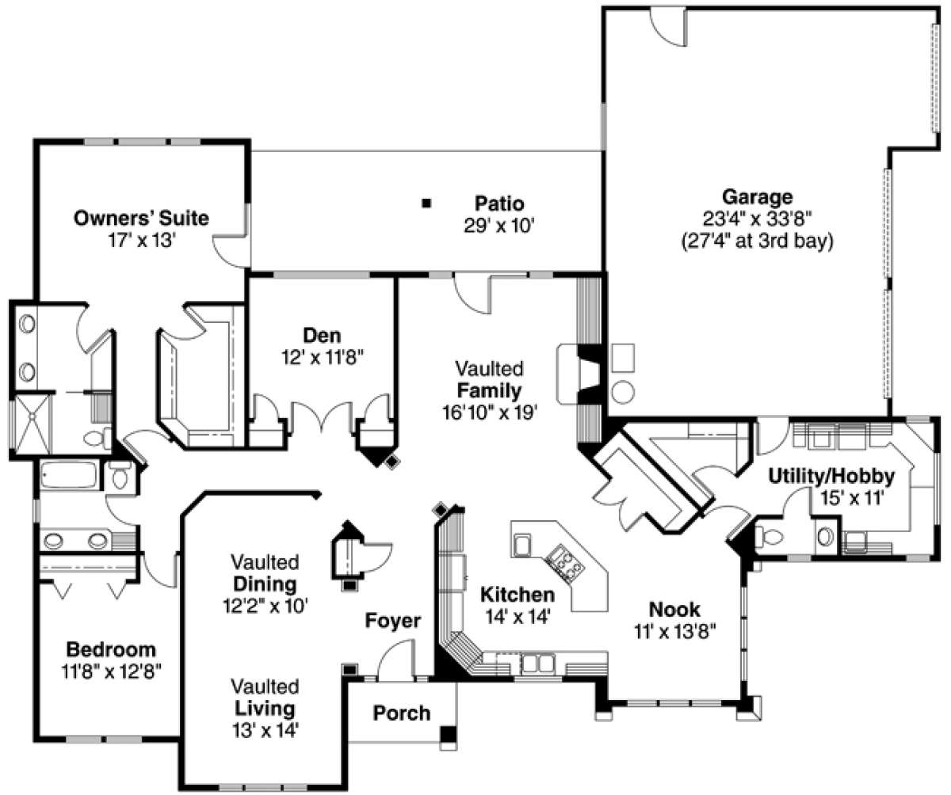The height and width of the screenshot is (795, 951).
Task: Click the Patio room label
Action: (499, 204)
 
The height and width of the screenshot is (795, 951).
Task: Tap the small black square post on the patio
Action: (426, 204)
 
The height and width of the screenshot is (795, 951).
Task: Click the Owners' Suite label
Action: (141, 218)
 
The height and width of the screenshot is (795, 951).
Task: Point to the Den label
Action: (322, 336)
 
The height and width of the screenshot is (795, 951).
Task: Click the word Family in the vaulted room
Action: (489, 390)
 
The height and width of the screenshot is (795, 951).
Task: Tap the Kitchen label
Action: (518, 595)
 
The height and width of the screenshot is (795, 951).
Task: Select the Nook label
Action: (674, 609)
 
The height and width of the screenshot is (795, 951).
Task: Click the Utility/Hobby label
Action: (831, 477)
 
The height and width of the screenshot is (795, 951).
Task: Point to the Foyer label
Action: (393, 621)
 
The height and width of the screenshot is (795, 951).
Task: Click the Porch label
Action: (402, 713)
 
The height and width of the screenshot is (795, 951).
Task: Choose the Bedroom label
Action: (111, 649)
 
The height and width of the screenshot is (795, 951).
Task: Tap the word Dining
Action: (265, 584)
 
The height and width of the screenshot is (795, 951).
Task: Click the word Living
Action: (265, 709)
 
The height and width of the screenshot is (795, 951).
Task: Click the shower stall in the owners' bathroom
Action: (32, 424)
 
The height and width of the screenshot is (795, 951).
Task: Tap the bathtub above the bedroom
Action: (69, 474)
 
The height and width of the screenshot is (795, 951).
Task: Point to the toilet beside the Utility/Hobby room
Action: (770, 537)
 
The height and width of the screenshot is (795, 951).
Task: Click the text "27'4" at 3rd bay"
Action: (758, 241)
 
